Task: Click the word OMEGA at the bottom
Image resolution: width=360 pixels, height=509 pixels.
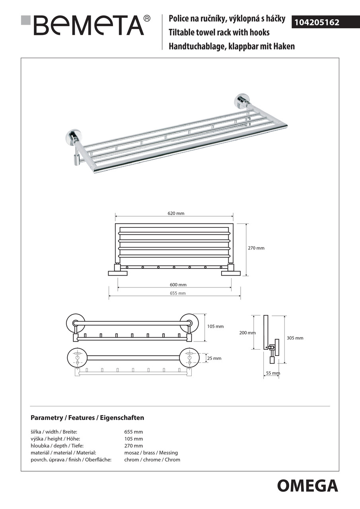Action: click(307, 486)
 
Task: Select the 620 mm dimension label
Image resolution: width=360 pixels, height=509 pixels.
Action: click(176, 214)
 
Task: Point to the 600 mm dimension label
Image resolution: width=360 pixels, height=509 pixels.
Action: click(178, 285)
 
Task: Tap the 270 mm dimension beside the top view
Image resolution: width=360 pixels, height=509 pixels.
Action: click(256, 248)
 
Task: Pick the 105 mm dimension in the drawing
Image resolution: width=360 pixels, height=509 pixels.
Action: click(215, 326)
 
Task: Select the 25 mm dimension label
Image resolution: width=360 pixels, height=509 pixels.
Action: click(214, 358)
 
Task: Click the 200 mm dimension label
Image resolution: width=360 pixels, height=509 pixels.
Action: click(247, 333)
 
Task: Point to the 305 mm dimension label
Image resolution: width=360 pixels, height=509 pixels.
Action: click(295, 338)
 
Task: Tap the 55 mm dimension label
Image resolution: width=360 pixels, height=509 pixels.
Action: click(272, 373)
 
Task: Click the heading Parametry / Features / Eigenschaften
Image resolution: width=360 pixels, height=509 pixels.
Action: click(88, 418)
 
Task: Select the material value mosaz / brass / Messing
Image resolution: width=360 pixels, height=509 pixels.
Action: click(151, 453)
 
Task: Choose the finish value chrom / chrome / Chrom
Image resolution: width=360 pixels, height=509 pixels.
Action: click(152, 460)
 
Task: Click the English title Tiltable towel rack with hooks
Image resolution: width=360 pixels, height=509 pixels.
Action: click(219, 32)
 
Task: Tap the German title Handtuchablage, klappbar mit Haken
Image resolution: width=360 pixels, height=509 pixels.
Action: click(232, 46)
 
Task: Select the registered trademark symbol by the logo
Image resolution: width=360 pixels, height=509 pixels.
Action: click(147, 18)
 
